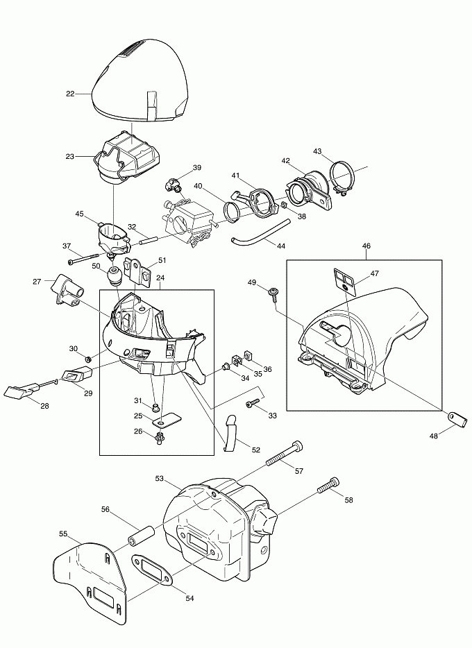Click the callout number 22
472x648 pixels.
point(69,94)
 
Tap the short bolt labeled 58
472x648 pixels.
point(328,486)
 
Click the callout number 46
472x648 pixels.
point(366,246)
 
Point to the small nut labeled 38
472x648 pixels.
point(283,206)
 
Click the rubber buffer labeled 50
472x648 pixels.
point(115,276)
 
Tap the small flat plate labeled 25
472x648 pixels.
point(167,420)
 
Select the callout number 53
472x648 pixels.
point(159,479)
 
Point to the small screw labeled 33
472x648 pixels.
point(248,403)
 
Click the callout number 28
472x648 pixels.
point(44,405)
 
